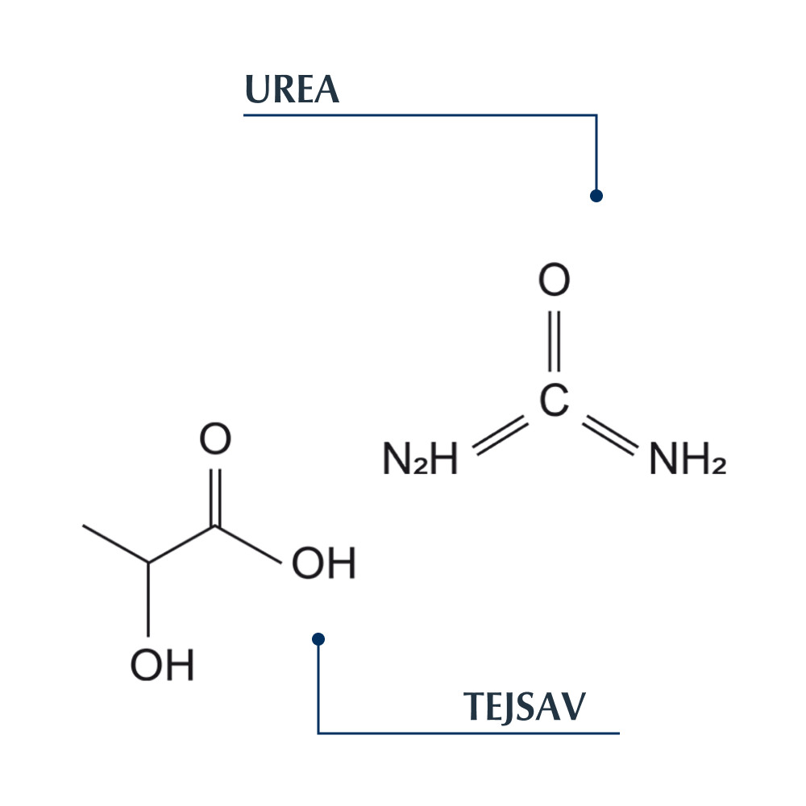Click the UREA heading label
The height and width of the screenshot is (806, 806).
click(x=292, y=90)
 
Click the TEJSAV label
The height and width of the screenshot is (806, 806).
click(x=524, y=707)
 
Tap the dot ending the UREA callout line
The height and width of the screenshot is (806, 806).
click(x=596, y=196)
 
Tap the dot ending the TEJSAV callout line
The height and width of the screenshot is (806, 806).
click(x=318, y=639)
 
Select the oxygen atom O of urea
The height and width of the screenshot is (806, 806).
click(x=554, y=282)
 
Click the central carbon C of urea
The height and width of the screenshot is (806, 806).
click(x=554, y=401)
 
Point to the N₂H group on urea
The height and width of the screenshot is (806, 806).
click(x=419, y=460)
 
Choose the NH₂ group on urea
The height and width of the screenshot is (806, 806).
click(x=687, y=460)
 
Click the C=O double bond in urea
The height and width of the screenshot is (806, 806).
click(x=554, y=342)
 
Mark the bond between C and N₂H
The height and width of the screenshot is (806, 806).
click(x=500, y=435)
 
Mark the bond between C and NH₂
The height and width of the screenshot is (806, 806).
click(x=610, y=435)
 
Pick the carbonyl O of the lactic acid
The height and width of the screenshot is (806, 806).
click(x=215, y=440)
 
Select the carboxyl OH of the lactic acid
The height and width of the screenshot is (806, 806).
click(x=323, y=564)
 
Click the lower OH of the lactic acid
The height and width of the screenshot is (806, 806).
click(x=162, y=666)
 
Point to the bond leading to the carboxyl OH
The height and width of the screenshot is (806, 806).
click(x=248, y=546)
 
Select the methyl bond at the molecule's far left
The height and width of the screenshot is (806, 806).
click(x=115, y=544)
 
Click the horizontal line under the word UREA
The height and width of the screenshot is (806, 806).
click(x=419, y=115)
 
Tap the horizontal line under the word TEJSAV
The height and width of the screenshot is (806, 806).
click(x=467, y=733)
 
